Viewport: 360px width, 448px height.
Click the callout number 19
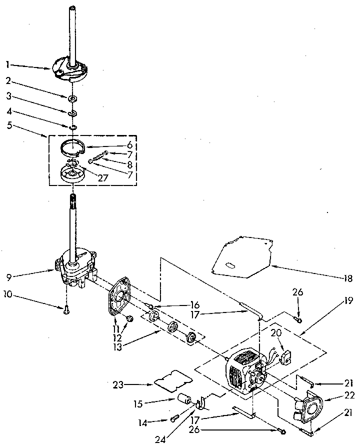[348, 301]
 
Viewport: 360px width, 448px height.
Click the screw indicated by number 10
[66, 310]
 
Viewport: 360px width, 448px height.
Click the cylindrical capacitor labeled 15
[185, 399]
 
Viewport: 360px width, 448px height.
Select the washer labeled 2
[73, 96]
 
